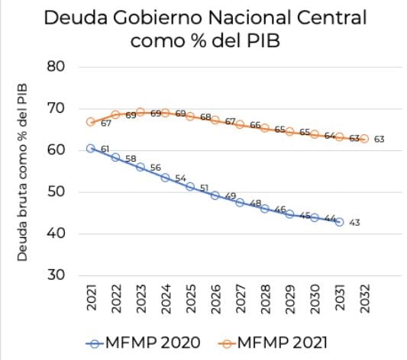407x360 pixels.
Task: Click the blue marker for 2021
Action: (x=91, y=148)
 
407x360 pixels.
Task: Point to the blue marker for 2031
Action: (x=339, y=222)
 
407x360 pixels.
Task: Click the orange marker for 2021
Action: (x=91, y=122)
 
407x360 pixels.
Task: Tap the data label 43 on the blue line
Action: (x=356, y=223)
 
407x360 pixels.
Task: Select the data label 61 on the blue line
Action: (x=105, y=149)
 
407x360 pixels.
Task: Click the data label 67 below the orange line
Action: (x=105, y=124)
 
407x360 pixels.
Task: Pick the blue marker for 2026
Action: (x=215, y=195)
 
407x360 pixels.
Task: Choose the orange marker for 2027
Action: (x=240, y=124)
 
